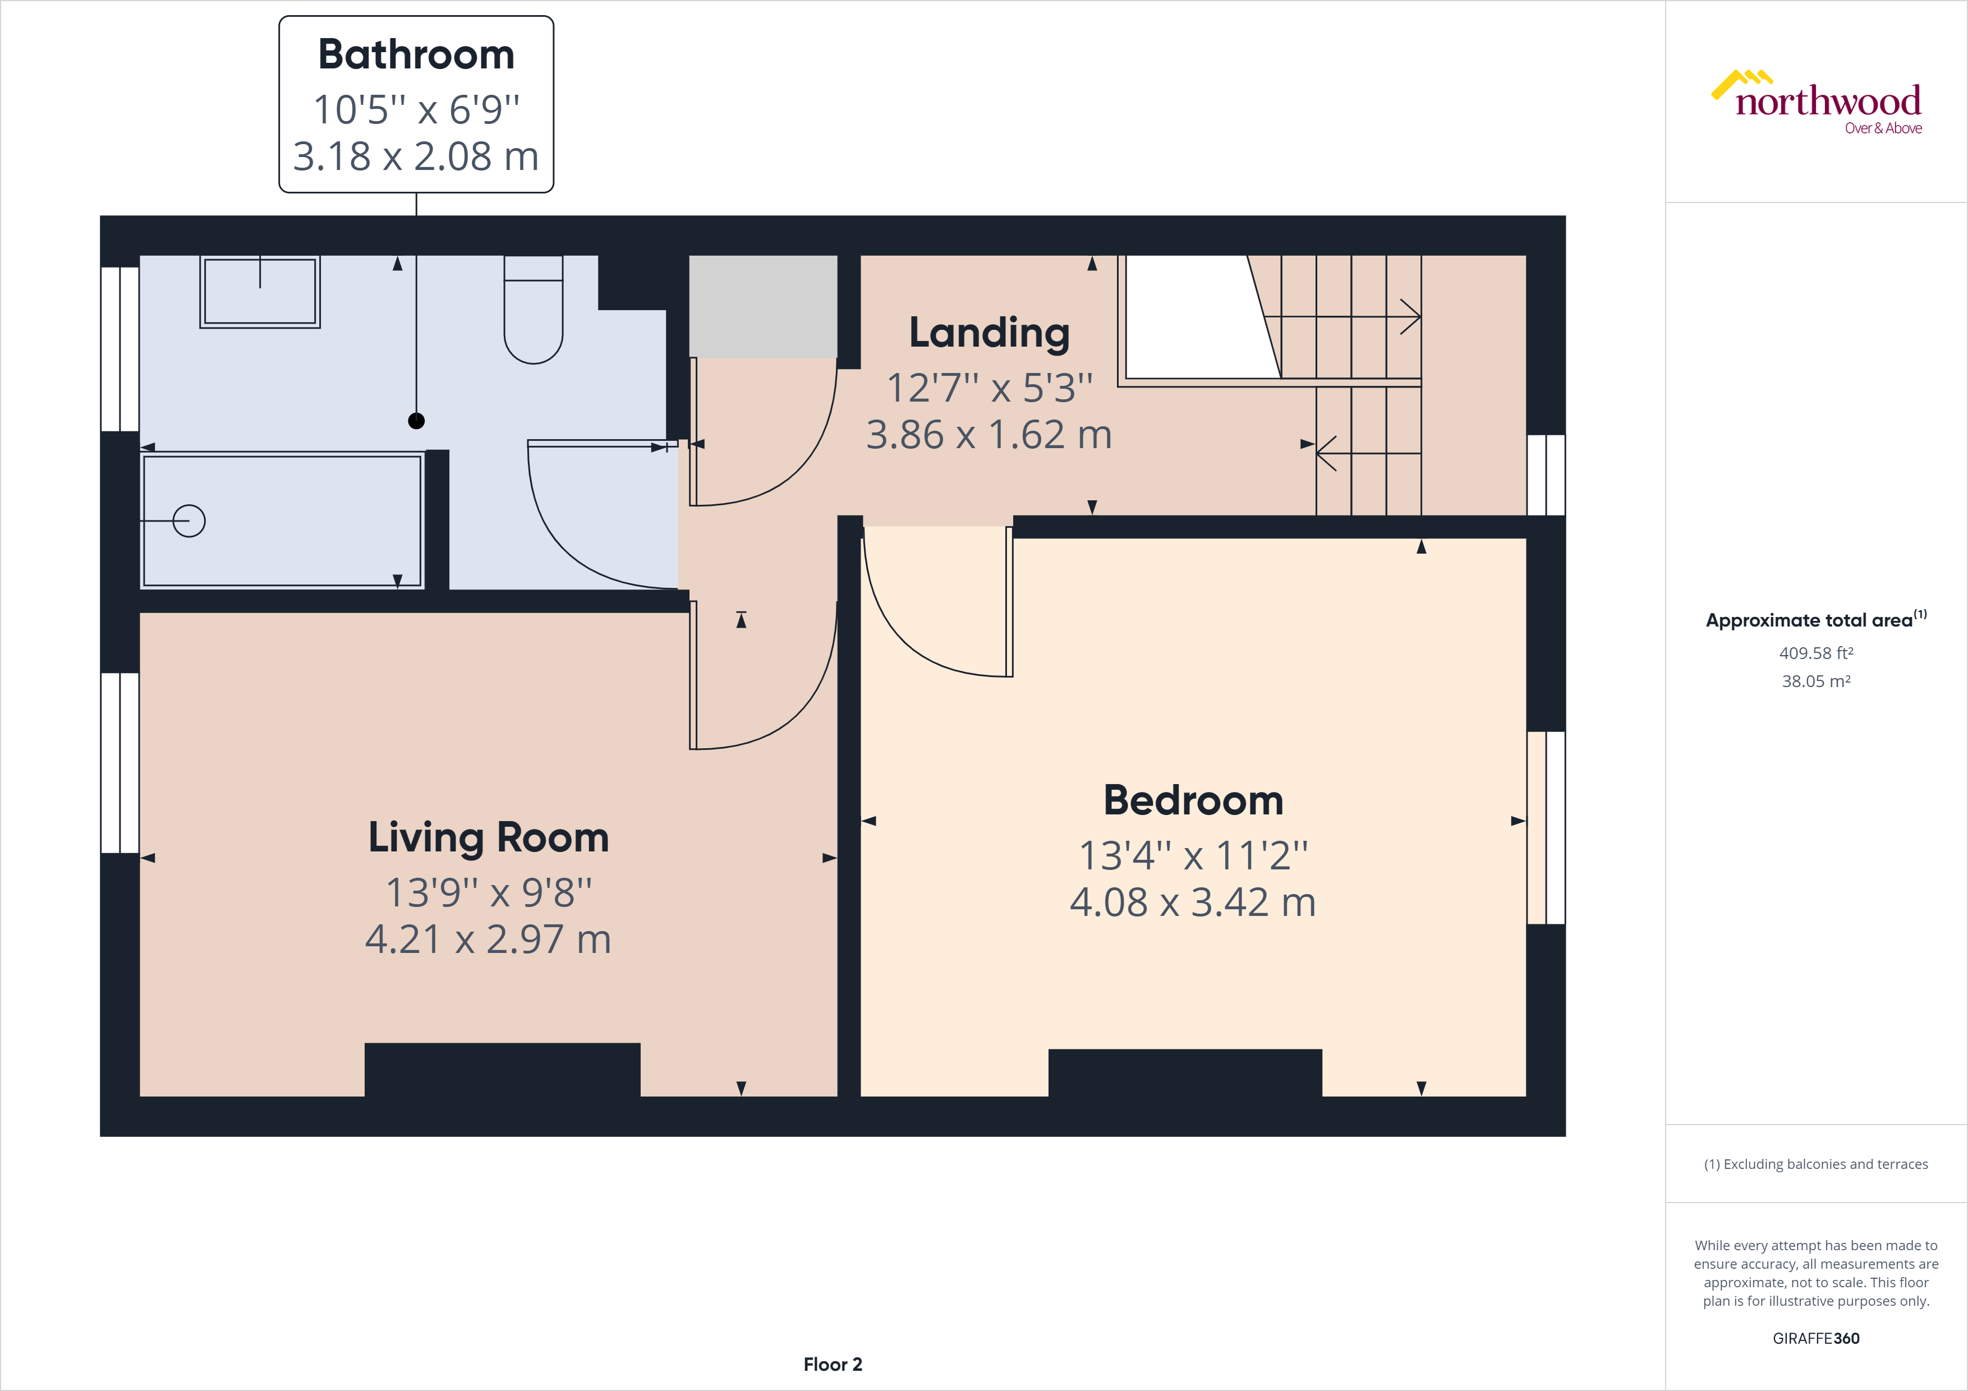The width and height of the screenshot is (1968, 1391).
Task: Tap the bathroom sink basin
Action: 260,292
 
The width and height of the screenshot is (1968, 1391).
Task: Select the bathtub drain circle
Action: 188,521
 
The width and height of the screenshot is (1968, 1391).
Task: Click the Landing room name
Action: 989,333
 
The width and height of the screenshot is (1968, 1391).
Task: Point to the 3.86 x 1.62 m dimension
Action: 989,435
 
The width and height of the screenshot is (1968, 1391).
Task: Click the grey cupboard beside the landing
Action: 763,306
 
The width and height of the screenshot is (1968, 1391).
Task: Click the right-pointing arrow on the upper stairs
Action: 1410,316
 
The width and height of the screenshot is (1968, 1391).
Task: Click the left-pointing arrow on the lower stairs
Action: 1327,453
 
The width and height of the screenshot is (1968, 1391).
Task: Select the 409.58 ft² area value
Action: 1815,653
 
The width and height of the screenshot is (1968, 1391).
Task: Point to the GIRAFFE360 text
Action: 1815,1338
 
